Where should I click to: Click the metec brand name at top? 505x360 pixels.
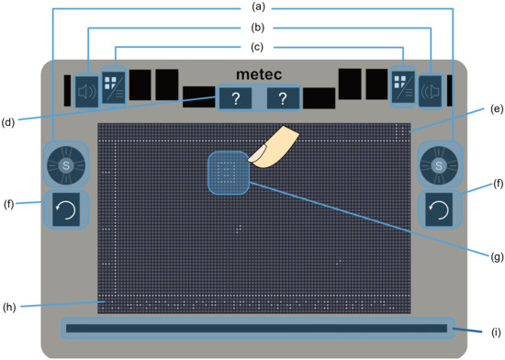click(x=254, y=73)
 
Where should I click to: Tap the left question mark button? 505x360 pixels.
click(x=236, y=99)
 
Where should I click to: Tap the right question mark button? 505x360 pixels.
click(x=284, y=99)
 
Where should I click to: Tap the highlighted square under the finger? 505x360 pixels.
click(x=228, y=173)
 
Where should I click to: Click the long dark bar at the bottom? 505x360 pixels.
click(x=256, y=328)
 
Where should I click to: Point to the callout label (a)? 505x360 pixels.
click(x=252, y=7)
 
